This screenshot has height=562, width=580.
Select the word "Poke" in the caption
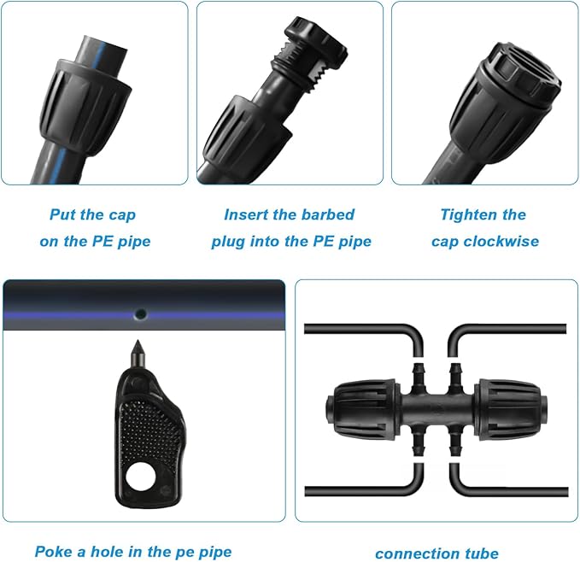54,552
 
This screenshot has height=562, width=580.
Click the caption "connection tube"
436,553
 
